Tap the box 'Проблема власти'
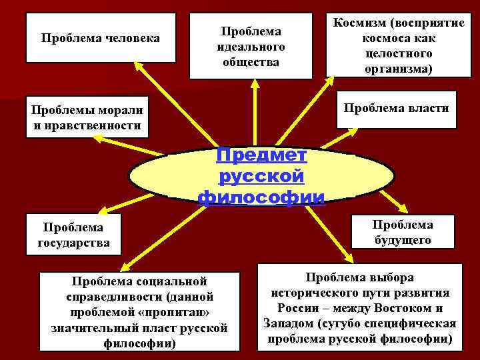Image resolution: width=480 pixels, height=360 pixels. (396, 109)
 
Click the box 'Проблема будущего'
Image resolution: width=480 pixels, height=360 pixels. (403, 232)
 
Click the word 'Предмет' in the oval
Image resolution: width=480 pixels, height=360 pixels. (261, 156)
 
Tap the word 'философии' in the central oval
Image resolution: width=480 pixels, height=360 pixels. (261, 197)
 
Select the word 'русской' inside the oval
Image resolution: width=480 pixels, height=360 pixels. (261, 177)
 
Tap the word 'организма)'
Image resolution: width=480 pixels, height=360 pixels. (399, 69)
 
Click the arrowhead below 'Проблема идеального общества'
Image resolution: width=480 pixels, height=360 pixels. (254, 85)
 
